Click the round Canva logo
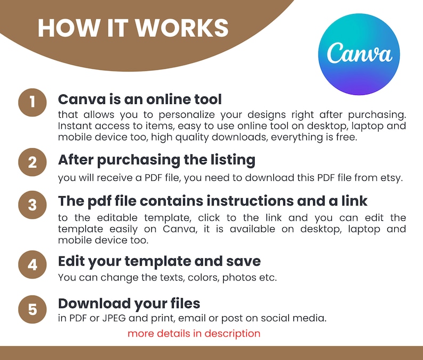tap(359, 54)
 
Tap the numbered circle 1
tap(32, 102)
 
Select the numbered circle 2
tap(32, 162)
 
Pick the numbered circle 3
tap(32, 205)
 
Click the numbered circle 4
tap(32, 265)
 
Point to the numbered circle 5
tap(32, 309)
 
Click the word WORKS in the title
tap(182, 28)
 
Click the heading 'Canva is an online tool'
tap(140, 99)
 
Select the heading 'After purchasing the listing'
tap(157, 160)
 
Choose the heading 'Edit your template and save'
tap(159, 261)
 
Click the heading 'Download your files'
tap(129, 303)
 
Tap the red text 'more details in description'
tap(194, 333)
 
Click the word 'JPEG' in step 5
tap(114, 318)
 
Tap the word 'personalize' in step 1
tap(186, 115)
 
